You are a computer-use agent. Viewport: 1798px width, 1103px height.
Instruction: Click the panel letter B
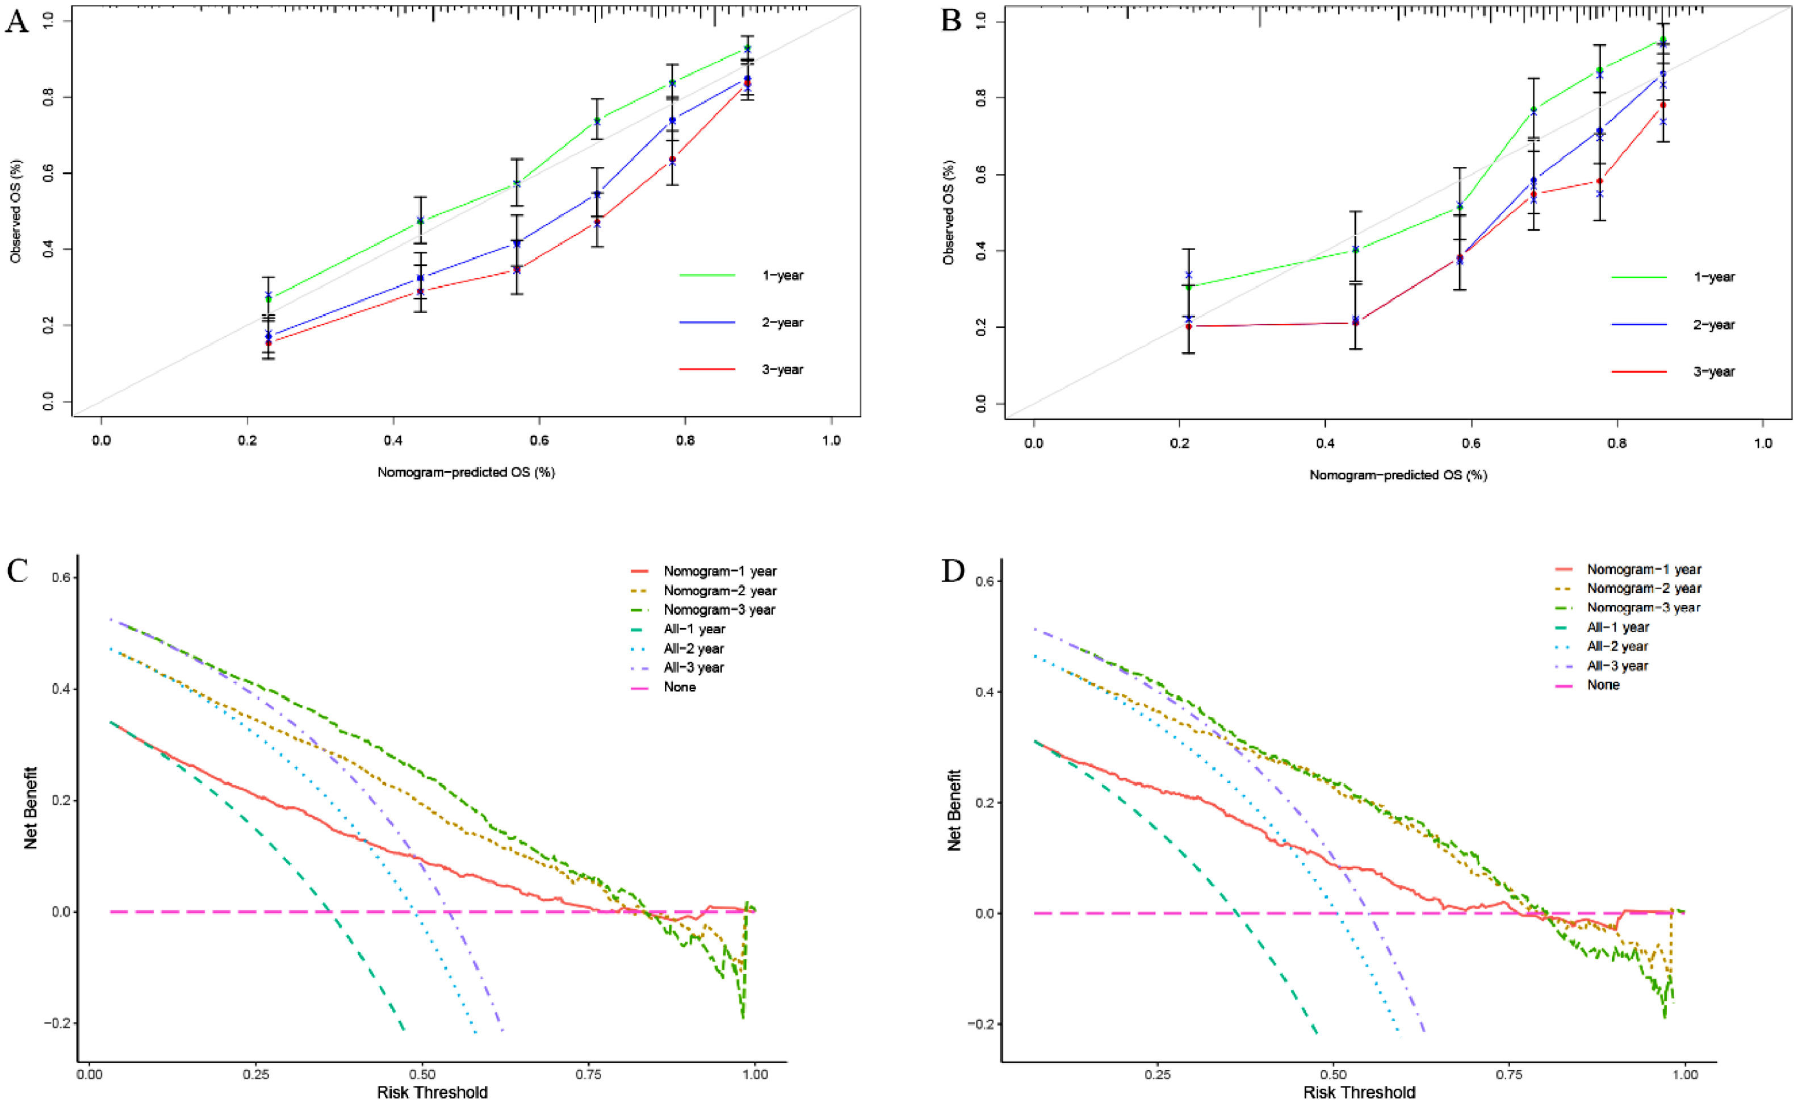(x=952, y=20)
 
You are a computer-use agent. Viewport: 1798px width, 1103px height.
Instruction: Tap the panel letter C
(x=17, y=570)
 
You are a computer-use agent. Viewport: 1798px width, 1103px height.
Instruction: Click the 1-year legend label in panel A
(x=782, y=276)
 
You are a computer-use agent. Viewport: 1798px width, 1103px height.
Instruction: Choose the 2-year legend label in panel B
(x=1714, y=325)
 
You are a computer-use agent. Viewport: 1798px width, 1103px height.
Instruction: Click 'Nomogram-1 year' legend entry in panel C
(x=719, y=571)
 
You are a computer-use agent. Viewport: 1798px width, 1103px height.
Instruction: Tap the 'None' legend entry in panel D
(x=1603, y=686)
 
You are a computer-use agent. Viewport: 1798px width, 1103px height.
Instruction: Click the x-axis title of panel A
(x=466, y=473)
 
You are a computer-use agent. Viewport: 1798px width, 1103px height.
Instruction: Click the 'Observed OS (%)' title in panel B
(x=949, y=212)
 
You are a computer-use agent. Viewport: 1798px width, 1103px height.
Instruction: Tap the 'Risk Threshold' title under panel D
(x=1359, y=1093)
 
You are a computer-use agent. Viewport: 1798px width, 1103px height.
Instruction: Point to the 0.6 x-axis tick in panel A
(x=539, y=441)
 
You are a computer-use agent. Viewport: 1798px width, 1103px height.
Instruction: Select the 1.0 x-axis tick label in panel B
(x=1762, y=443)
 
